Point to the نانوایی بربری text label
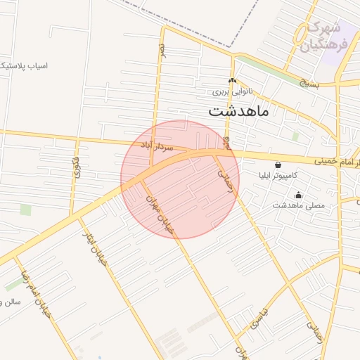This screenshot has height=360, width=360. pyautogui.click(x=231, y=91)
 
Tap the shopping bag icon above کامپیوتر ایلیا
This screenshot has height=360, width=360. pyautogui.click(x=278, y=164)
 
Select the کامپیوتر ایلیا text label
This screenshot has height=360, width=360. pyautogui.click(x=278, y=174)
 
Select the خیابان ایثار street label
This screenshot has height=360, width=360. pyautogui.click(x=96, y=243)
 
